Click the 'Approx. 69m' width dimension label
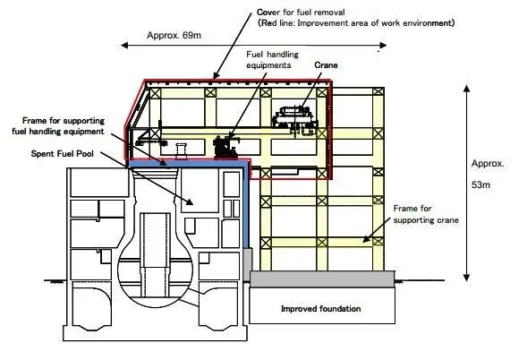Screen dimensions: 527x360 tap(174, 35)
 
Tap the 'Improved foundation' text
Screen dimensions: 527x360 tap(320, 309)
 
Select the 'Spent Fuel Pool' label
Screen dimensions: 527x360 tap(63, 154)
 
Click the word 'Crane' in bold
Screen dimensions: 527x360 tap(326, 65)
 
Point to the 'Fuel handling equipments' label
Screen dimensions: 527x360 tap(272, 59)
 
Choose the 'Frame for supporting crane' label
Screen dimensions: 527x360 tap(426, 214)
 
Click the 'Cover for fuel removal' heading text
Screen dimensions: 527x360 tap(301, 13)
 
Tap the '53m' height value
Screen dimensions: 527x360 tap(480, 184)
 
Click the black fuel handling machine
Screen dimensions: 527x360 tap(225, 147)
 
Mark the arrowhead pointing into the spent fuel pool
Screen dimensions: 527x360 tap(190, 201)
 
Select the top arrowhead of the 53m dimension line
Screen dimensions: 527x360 tap(466, 88)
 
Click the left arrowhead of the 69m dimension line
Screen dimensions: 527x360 tap(124, 45)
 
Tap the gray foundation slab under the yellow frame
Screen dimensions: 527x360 tap(322, 279)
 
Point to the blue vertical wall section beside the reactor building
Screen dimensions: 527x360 tap(246, 205)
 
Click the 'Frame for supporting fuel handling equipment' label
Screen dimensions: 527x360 tap(58, 126)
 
